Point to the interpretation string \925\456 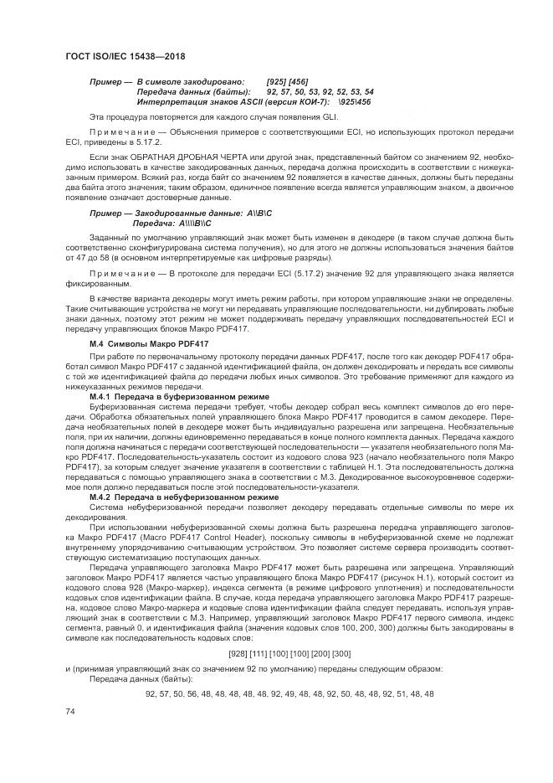click(x=351, y=100)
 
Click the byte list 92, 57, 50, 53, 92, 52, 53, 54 click(x=320, y=91)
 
